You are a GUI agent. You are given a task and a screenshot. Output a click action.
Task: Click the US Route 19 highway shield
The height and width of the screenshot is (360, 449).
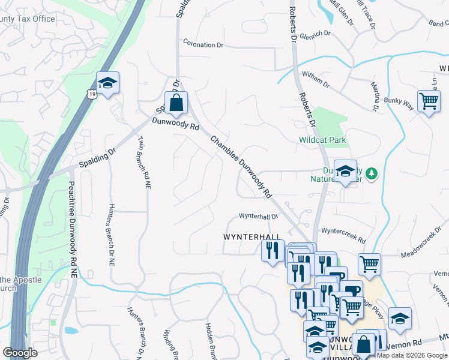[91, 94]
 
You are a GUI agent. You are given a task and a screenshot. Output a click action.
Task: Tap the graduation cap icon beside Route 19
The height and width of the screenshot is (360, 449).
[107, 83]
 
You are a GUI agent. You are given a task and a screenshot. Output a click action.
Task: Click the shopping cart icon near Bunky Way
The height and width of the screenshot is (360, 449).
[429, 101]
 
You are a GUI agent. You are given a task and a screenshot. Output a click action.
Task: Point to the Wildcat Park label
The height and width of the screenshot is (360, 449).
[323, 140]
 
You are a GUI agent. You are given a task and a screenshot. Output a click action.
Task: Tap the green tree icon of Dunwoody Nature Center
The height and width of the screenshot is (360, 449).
[372, 173]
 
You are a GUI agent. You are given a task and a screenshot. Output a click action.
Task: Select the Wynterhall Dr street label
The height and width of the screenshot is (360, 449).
[259, 216]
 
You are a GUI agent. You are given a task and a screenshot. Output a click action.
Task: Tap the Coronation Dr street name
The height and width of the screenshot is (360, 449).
[203, 44]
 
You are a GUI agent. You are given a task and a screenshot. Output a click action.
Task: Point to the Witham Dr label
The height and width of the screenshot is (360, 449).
[316, 79]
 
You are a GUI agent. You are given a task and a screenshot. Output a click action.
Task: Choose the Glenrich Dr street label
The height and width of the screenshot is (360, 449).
[315, 35]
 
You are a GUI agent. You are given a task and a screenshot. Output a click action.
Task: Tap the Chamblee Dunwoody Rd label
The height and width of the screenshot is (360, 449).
[241, 166]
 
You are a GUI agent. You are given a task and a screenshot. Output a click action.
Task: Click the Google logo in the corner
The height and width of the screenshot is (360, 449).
[20, 353]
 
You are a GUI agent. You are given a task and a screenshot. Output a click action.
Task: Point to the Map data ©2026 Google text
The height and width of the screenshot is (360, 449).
[412, 355]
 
